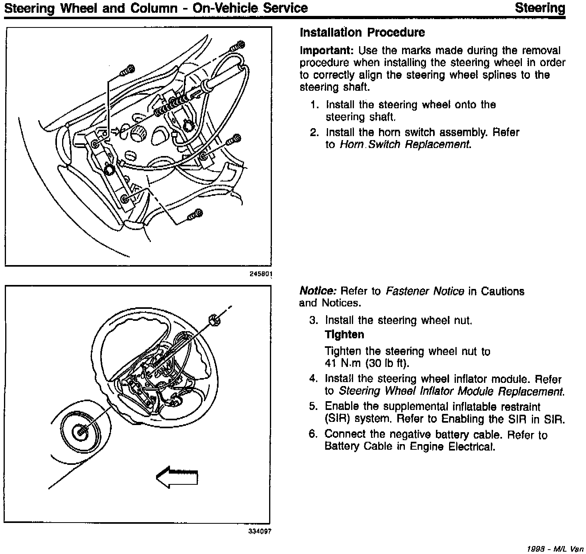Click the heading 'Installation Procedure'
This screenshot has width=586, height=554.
click(x=362, y=33)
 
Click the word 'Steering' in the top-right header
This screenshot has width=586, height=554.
click(x=540, y=8)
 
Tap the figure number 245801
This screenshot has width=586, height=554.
click(x=261, y=274)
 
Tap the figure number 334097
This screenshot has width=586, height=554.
click(x=260, y=531)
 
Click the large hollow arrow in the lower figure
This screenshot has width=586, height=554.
click(x=177, y=476)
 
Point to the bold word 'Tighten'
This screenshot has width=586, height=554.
click(x=344, y=335)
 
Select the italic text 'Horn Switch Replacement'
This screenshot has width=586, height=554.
click(x=404, y=144)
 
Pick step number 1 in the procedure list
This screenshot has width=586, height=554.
click(x=314, y=105)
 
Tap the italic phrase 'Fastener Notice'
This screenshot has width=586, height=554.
click(x=425, y=291)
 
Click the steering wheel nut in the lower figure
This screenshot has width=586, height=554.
click(x=215, y=320)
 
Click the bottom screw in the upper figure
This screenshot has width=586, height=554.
click(x=195, y=215)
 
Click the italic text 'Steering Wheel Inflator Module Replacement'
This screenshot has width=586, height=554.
click(x=451, y=391)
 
